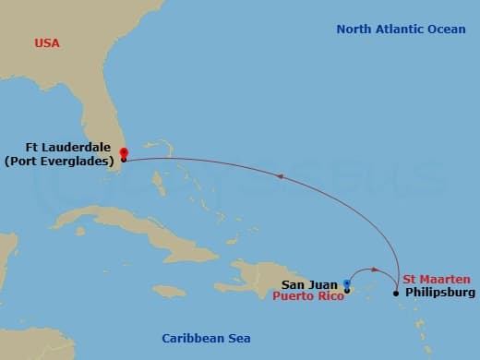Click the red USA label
(46, 43)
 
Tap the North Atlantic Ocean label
(401, 30)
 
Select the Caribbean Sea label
(206, 338)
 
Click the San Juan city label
(309, 284)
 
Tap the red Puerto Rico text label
(307, 297)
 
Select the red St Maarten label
(437, 279)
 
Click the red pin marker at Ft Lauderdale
(124, 153)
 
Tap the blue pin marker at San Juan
(347, 284)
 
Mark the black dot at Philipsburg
(396, 294)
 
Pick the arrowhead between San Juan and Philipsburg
(376, 270)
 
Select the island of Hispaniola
(268, 277)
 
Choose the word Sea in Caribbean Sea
(238, 338)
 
